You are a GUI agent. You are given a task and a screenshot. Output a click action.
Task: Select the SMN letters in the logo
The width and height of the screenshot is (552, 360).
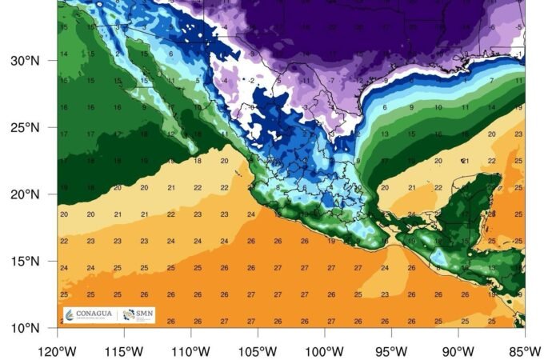tap(142, 314)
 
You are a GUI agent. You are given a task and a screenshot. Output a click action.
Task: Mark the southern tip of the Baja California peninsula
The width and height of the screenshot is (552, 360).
tap(194, 150)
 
